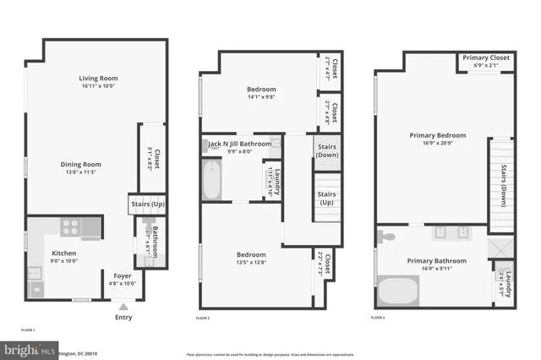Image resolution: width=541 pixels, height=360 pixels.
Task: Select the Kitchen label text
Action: [x=64, y=254]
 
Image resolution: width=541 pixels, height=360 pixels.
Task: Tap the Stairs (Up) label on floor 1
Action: [x=146, y=203]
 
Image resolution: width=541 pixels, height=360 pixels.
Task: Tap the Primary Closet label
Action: [x=485, y=58]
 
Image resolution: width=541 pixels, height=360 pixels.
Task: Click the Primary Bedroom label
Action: [x=437, y=135]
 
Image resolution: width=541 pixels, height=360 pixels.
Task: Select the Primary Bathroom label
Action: [x=436, y=261]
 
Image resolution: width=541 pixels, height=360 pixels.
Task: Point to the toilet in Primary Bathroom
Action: [x=382, y=236]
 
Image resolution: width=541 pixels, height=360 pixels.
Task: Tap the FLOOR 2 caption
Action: [x=203, y=318]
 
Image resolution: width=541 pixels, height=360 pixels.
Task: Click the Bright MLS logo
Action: [x=25, y=349]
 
